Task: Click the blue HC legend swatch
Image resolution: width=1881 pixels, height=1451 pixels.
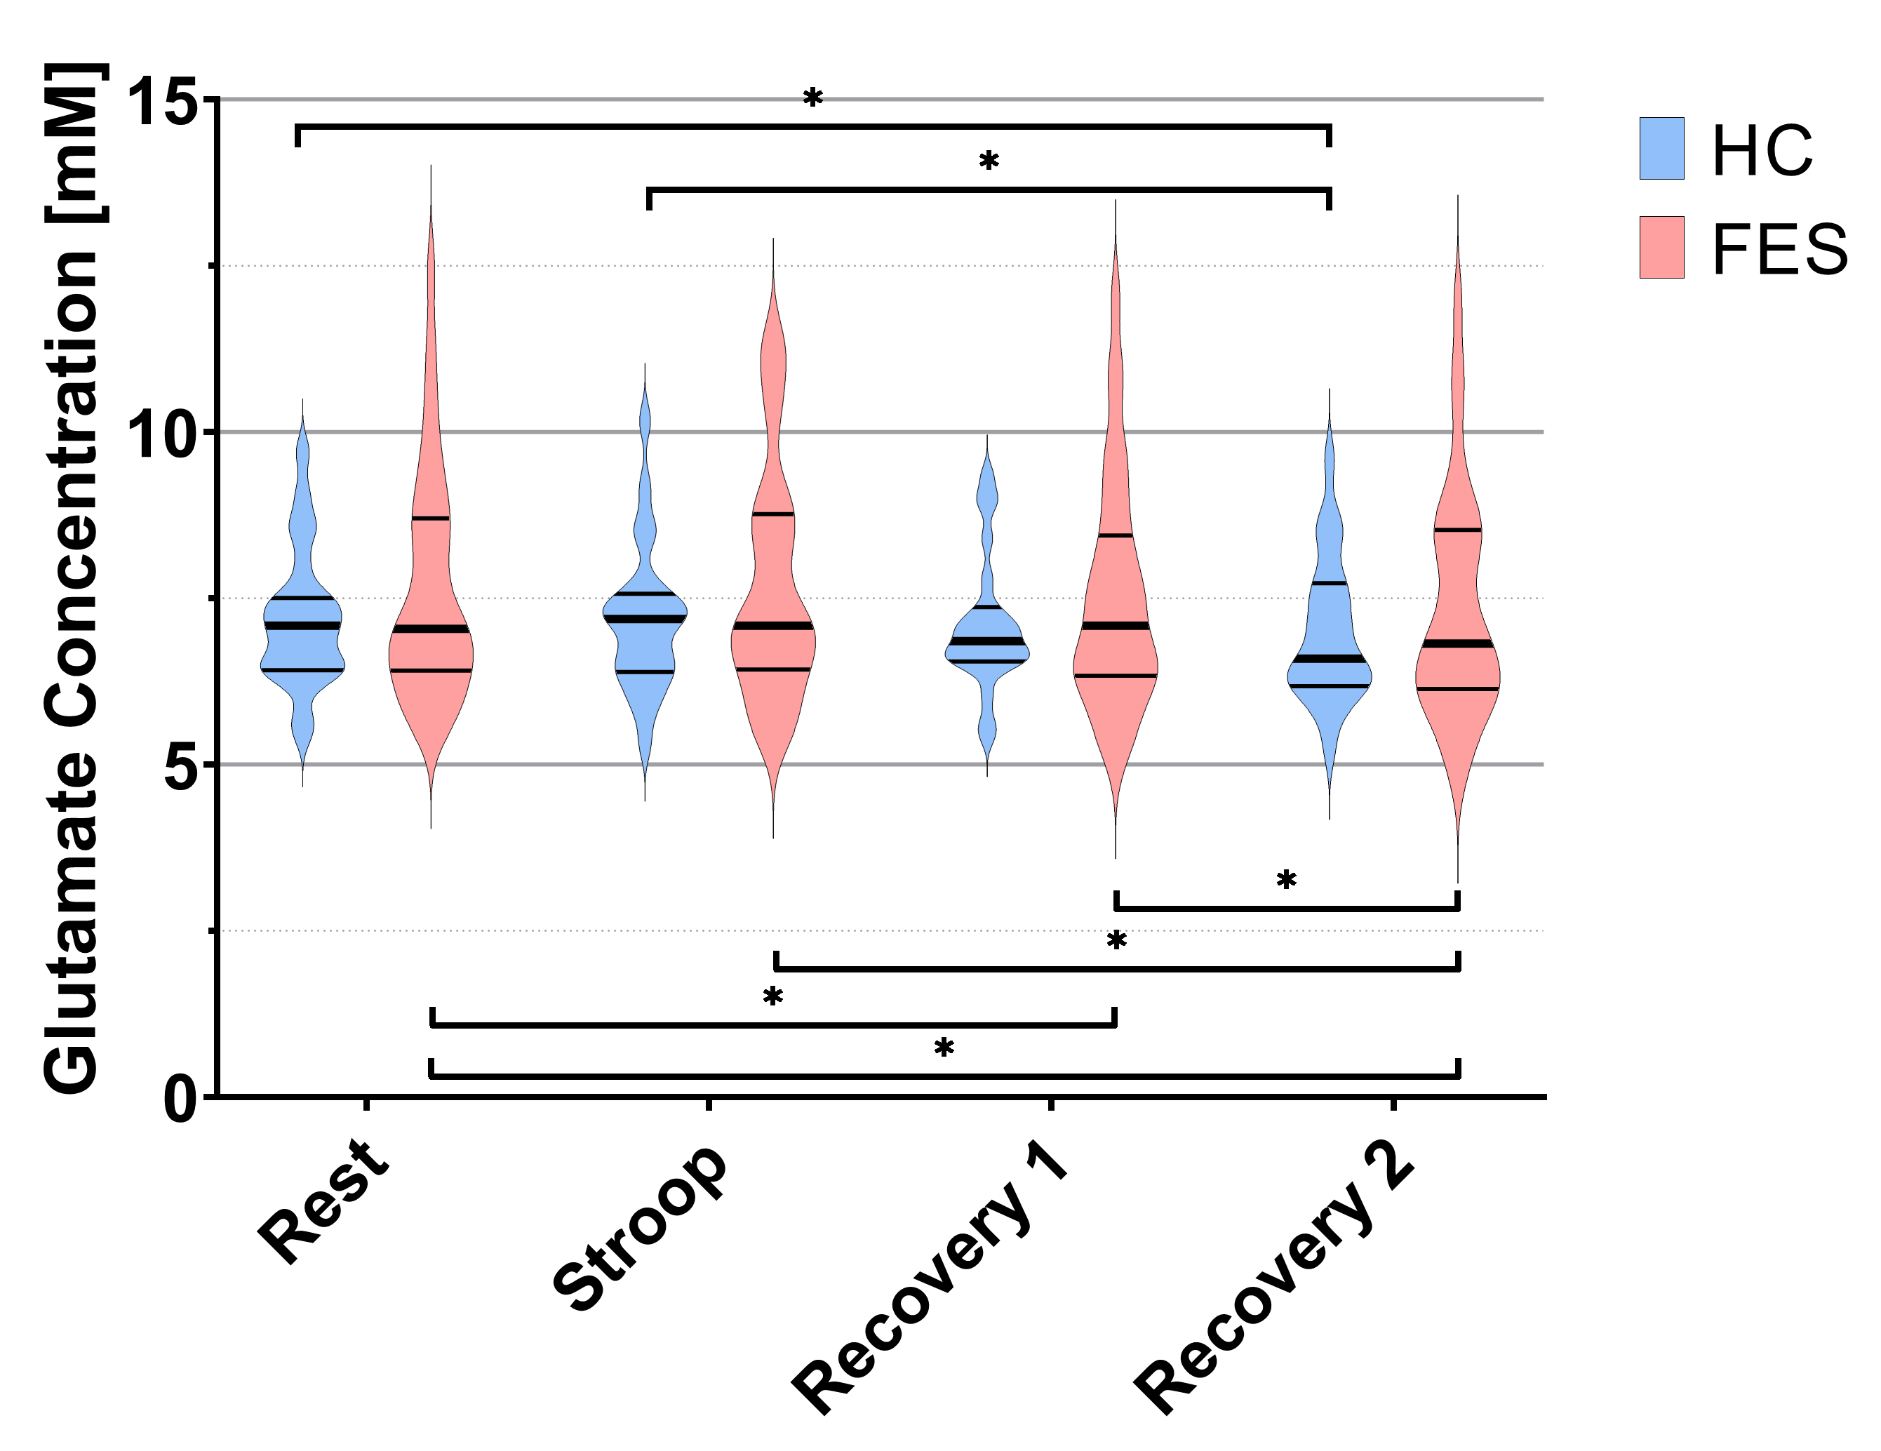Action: (x=1661, y=148)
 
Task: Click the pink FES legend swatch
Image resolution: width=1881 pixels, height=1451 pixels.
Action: (x=1661, y=247)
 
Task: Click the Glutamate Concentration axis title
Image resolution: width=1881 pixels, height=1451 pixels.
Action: (x=76, y=579)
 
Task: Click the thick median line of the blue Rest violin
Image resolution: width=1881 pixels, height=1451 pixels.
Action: (x=302, y=625)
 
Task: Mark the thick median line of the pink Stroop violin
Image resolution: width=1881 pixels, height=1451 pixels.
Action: (x=773, y=625)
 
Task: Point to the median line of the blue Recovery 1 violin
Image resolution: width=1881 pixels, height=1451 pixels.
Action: (x=987, y=641)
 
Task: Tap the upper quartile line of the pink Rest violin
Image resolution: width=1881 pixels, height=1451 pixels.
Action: (x=431, y=518)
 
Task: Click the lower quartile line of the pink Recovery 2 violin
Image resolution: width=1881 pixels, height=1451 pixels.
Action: (x=1457, y=689)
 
